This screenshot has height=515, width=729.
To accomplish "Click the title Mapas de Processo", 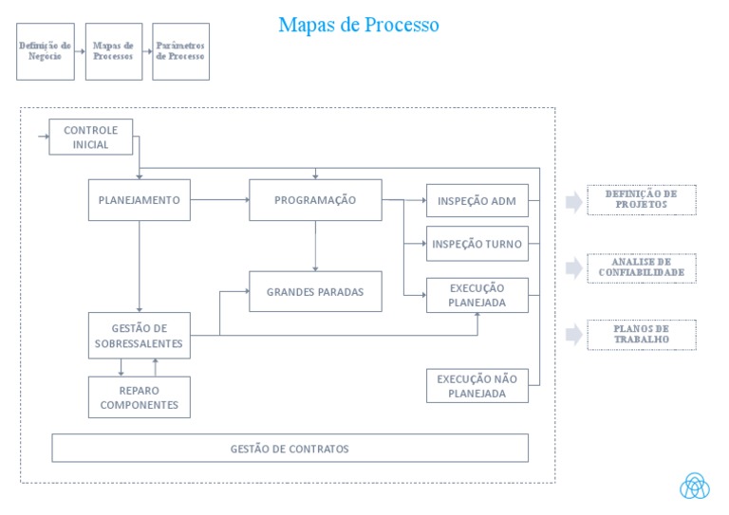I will [358, 25].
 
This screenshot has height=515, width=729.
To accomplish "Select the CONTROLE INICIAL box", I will [90, 138].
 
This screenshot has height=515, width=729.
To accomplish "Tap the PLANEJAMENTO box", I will [139, 200].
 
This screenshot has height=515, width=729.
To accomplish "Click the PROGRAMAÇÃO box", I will [315, 200].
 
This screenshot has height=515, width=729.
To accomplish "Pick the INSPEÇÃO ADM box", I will [477, 201].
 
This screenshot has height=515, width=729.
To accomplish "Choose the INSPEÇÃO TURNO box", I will [477, 244].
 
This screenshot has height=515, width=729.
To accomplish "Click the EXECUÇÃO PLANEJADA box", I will [477, 296].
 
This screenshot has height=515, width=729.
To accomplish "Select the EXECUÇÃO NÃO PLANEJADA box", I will [477, 386].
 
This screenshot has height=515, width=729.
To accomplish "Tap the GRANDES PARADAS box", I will [315, 292].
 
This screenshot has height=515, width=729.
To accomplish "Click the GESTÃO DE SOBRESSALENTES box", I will [139, 336].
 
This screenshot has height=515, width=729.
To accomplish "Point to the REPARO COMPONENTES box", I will [139, 397].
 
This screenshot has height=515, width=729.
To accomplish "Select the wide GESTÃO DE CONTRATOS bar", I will [290, 449].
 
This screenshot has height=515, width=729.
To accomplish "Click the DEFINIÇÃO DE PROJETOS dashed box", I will [641, 199].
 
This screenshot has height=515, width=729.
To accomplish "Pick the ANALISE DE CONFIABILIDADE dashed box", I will [641, 268].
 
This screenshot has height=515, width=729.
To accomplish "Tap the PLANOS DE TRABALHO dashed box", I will [641, 334].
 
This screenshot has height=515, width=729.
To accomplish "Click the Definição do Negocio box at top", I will [46, 51].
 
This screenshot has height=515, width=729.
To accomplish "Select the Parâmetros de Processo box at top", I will [180, 51].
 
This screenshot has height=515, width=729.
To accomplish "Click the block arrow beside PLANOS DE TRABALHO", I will [573, 334].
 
